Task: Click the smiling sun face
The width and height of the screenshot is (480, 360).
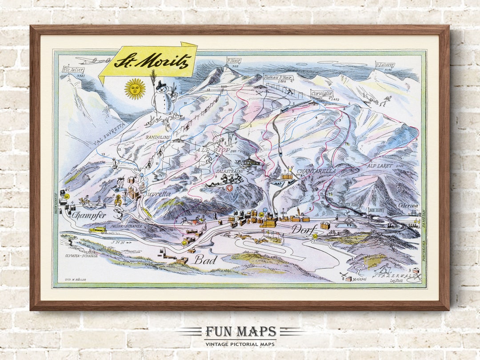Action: (x=135, y=89)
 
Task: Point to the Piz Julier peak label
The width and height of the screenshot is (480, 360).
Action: (x=73, y=70)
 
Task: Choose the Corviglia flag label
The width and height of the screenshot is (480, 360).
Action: (x=322, y=94)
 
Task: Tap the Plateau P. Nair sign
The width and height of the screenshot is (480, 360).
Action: (x=278, y=77)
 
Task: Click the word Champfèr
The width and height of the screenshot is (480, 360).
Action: (x=88, y=216)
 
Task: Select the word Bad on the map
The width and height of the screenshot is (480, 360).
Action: (x=205, y=259)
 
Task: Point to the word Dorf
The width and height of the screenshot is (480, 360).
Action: (x=304, y=229)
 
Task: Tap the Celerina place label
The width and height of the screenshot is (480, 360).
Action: (x=408, y=205)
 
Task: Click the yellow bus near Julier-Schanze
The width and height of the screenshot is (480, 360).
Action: (x=97, y=230)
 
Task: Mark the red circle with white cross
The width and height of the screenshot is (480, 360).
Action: (x=229, y=188)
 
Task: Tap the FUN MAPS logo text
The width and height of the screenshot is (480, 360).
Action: (x=240, y=332)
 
